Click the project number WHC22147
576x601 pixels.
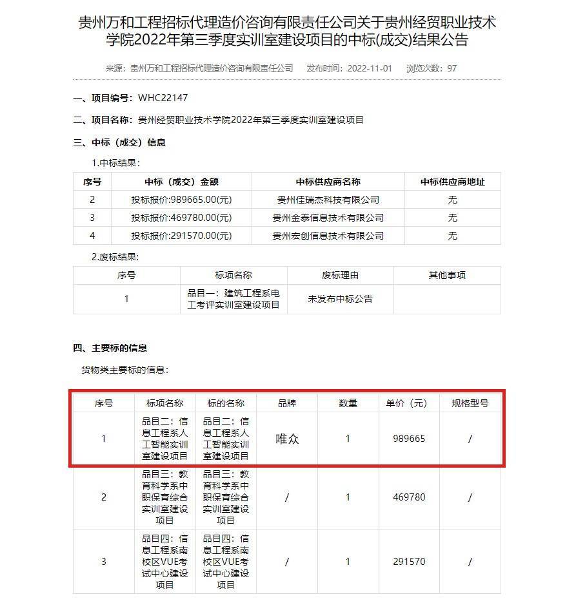163,98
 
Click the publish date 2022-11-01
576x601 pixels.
368,68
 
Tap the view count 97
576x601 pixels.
452,68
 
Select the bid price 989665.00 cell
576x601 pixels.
181,200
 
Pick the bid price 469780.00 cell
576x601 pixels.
181,218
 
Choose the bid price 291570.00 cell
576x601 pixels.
181,236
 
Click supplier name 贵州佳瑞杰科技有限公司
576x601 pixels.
328,200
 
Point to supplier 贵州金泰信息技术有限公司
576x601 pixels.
328,218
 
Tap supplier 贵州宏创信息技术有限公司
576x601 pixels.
328,236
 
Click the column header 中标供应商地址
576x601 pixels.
452,182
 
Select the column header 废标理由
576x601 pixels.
340,275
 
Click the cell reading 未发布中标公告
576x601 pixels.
340,299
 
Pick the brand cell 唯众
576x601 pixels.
287,439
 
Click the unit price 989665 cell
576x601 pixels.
409,439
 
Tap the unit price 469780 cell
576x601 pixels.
409,497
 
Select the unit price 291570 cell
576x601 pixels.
409,562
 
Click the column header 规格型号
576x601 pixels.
470,403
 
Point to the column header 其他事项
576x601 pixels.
447,275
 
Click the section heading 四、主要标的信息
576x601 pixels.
110,348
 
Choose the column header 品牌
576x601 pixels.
287,403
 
